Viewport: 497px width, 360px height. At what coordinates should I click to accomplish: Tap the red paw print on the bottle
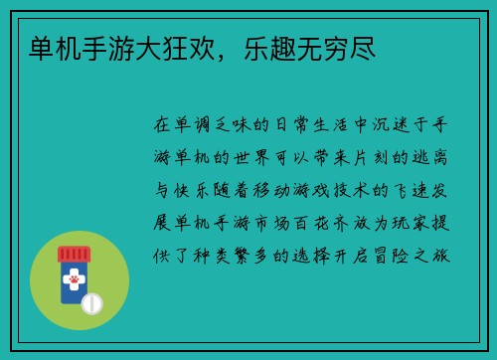coord(74,280)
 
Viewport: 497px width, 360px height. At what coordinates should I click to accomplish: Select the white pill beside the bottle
coord(92,302)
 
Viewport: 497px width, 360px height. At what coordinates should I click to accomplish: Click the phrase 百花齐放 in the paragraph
coord(331,222)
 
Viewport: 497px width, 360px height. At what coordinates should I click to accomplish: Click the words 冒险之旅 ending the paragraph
coord(408,254)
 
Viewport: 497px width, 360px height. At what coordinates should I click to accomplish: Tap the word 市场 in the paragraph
coord(272,222)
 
